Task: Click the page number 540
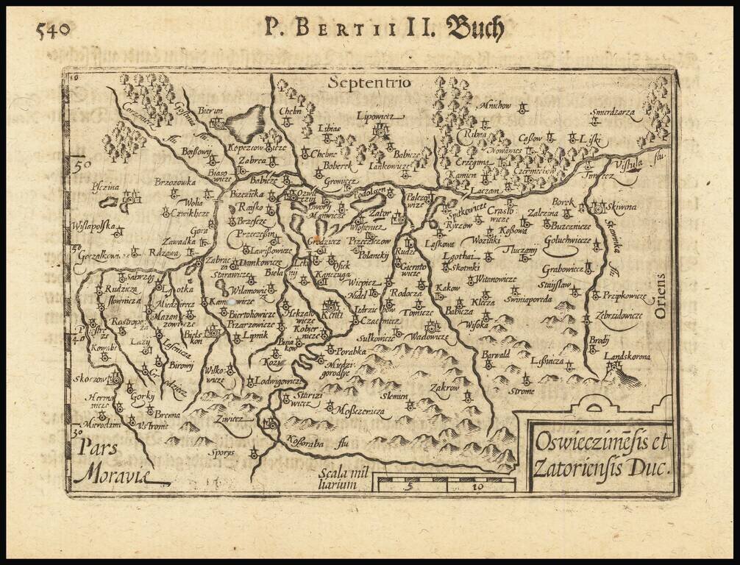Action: [52, 30]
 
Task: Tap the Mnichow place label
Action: [495, 106]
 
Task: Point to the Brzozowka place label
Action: [174, 180]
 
